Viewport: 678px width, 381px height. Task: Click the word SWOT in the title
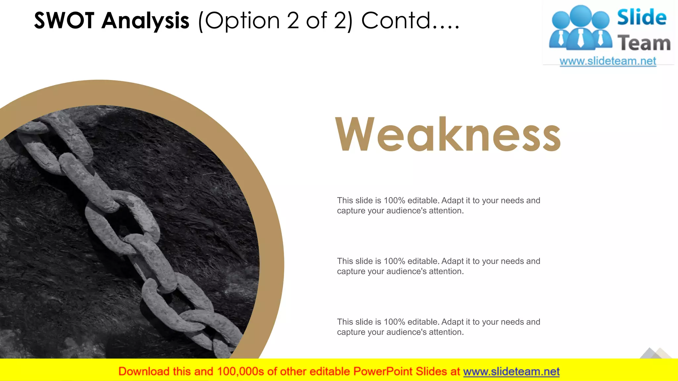click(x=64, y=21)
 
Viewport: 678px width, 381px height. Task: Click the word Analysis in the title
click(x=145, y=21)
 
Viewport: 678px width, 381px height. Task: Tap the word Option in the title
click(x=243, y=21)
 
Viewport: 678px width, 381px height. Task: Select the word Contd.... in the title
click(x=410, y=21)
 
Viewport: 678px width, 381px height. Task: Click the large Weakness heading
click(x=448, y=134)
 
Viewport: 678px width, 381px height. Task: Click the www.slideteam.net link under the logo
click(x=608, y=61)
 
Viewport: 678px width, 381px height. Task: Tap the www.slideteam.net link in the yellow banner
click(x=511, y=371)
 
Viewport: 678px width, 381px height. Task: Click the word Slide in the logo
click(x=642, y=17)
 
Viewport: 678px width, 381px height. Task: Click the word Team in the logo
click(x=644, y=43)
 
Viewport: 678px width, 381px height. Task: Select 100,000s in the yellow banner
click(x=240, y=371)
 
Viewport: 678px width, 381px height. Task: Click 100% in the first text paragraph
click(x=394, y=200)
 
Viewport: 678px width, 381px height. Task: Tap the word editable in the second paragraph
click(x=423, y=261)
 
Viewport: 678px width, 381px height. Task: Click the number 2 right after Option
click(x=293, y=21)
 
